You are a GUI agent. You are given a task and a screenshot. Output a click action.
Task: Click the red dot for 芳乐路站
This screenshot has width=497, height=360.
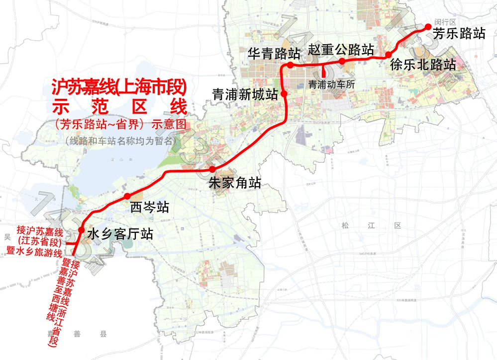427,28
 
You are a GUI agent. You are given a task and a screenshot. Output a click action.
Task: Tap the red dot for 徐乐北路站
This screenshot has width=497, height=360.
388,55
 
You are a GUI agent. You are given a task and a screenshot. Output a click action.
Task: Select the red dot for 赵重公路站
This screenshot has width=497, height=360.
342,61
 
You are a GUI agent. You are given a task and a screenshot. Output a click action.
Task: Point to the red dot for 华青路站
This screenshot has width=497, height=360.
290,65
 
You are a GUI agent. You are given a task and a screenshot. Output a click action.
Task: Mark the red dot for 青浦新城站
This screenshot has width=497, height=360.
284,93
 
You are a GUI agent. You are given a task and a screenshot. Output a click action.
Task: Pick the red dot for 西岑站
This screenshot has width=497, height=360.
127,196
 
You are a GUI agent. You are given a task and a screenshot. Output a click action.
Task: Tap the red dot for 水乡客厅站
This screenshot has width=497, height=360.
81,229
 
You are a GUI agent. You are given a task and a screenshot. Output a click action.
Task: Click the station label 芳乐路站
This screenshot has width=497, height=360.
459,34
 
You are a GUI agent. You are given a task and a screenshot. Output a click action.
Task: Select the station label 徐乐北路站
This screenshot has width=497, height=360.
423,65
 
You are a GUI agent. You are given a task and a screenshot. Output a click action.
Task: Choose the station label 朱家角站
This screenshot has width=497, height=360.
235,183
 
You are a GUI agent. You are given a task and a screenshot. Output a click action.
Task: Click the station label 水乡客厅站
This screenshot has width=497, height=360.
120,234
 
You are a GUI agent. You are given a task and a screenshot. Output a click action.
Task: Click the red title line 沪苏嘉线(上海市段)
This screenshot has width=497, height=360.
119,88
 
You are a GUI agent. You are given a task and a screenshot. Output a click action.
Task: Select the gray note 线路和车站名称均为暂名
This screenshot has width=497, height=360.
121,141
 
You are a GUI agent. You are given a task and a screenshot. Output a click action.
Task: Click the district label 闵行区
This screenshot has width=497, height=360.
445,22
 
